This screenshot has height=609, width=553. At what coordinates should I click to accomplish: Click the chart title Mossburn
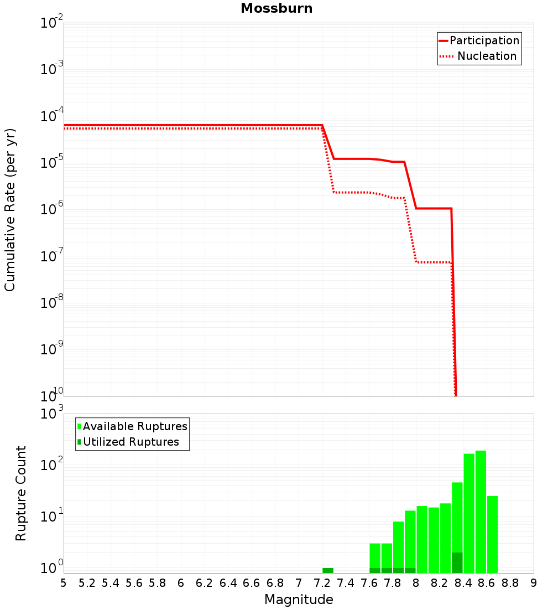point(276,8)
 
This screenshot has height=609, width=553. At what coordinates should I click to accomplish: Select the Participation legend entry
point(479,40)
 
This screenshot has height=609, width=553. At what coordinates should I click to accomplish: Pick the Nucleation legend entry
point(478,56)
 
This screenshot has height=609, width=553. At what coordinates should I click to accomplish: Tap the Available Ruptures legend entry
point(132,426)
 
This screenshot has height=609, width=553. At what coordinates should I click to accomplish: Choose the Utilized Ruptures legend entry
point(128,442)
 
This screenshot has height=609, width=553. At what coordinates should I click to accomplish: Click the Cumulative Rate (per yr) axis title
point(10,210)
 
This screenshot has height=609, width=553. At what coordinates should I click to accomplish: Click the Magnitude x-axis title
point(299,600)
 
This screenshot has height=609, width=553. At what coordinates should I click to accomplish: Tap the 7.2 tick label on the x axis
point(322,583)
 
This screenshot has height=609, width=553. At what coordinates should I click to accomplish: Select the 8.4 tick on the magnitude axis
point(463,583)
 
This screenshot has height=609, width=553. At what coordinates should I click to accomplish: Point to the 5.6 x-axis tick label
point(134,583)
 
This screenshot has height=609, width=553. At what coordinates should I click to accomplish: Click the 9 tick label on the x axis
point(534,583)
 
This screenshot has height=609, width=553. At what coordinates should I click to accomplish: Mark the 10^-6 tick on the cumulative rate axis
point(52,208)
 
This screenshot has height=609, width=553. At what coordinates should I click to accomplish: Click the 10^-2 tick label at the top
point(52,22)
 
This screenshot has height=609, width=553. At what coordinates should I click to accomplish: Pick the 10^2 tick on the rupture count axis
point(52,463)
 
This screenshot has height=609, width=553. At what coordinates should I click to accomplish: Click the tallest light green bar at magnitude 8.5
point(481,512)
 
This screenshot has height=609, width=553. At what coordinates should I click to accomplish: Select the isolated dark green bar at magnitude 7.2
point(327,570)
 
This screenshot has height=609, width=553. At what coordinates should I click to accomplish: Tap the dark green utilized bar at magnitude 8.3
point(457,562)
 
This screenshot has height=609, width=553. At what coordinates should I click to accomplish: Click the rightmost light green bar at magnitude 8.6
point(493,534)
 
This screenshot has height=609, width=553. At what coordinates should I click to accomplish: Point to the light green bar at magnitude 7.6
point(375,556)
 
